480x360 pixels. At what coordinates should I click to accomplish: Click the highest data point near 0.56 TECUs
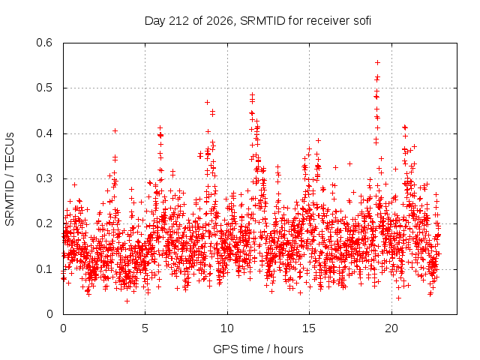[377, 63]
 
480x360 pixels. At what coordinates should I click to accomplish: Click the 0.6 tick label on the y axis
[44, 43]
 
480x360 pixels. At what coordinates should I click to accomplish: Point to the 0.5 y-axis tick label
[44, 88]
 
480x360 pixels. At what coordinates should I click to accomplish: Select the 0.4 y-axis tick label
[44, 133]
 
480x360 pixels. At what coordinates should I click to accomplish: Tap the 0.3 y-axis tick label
[44, 178]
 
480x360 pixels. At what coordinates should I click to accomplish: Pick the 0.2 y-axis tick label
[44, 223]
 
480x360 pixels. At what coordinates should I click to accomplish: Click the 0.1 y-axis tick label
[44, 269]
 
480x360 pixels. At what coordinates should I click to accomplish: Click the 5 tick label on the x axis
[145, 328]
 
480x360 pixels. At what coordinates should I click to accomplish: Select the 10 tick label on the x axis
[226, 328]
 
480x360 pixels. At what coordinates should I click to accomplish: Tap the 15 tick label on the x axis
[309, 328]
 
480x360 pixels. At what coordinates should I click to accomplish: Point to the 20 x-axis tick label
[391, 328]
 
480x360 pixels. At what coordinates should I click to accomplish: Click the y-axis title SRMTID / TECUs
[10, 179]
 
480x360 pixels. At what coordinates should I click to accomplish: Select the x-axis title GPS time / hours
[258, 349]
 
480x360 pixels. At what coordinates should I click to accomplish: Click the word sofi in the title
[362, 21]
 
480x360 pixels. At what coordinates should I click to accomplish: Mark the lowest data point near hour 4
[127, 301]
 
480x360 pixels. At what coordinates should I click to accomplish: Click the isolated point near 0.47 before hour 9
[207, 102]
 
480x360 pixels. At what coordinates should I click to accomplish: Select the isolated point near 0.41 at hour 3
[115, 131]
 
